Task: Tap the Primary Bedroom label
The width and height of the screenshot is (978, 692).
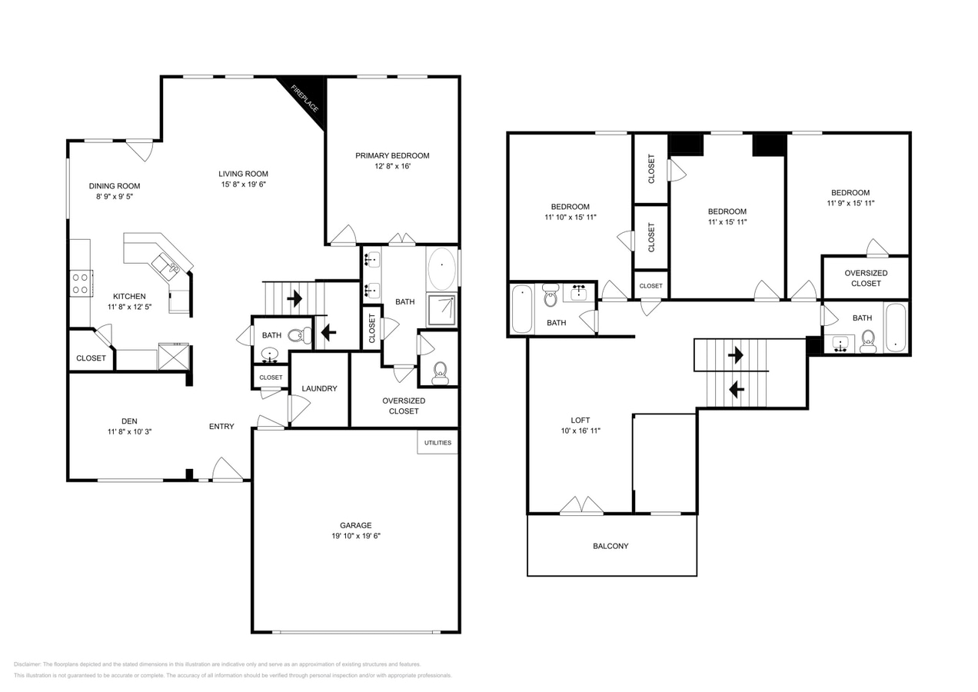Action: click(392, 156)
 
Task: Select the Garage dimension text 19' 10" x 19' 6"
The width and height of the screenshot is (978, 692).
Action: click(355, 536)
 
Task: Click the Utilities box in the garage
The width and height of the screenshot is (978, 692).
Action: click(437, 442)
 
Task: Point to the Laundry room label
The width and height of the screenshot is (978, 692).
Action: click(319, 388)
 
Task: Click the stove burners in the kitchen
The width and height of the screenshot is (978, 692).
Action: click(80, 283)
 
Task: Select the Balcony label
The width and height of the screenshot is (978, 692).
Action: click(610, 546)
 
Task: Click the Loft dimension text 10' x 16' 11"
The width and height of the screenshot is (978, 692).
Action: click(580, 431)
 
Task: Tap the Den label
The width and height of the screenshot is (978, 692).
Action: click(129, 421)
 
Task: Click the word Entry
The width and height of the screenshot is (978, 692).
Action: click(221, 427)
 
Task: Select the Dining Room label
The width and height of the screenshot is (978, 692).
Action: click(115, 186)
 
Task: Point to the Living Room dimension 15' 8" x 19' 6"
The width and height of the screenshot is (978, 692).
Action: click(243, 185)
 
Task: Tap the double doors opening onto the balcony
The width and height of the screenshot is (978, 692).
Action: click(581, 506)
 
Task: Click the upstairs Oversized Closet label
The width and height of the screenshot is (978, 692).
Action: click(866, 278)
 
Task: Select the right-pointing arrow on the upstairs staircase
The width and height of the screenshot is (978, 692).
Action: click(736, 355)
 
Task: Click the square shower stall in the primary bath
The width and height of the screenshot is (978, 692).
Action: click(441, 311)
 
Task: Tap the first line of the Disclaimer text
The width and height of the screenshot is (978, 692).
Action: click(218, 664)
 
